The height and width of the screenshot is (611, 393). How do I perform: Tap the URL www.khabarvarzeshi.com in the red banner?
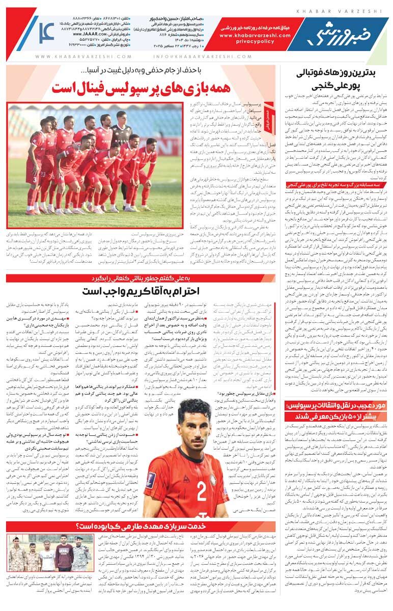255,36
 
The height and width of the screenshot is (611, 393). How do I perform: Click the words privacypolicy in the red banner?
255,42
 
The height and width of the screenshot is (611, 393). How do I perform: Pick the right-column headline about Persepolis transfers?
336,412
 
